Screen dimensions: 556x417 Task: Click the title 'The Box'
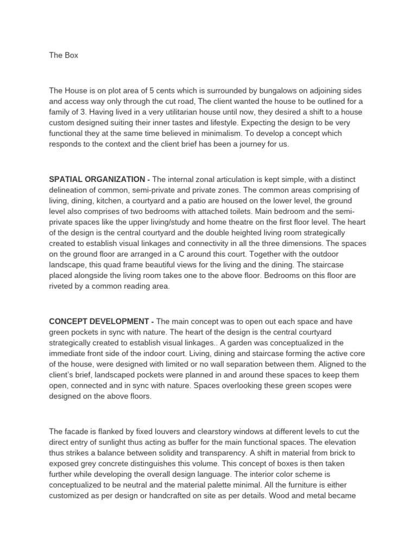pos(64,55)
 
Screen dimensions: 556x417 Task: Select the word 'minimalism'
pos(242,133)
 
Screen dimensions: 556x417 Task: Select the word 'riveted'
pos(62,287)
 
